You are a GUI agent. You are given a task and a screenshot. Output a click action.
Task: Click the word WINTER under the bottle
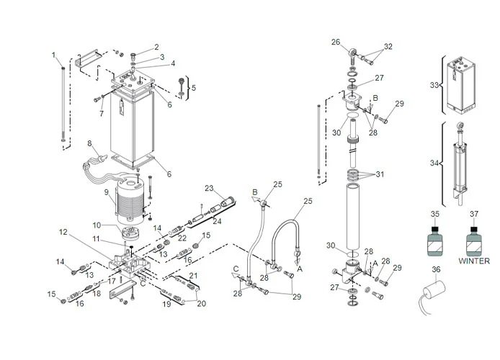click(x=473, y=261)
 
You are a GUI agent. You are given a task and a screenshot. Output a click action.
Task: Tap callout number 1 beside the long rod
click(x=53, y=55)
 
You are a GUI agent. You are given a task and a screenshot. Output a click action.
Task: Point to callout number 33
click(x=434, y=85)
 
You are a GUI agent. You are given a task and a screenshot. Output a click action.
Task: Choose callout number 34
click(x=434, y=163)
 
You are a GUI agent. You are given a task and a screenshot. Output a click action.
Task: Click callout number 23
click(x=209, y=189)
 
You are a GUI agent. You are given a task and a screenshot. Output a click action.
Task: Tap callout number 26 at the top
click(x=335, y=42)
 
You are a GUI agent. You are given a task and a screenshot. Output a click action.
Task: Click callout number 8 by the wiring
click(x=90, y=143)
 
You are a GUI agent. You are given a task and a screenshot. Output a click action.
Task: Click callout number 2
click(x=156, y=48)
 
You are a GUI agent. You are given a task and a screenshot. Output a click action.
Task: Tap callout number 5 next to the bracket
click(x=192, y=88)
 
